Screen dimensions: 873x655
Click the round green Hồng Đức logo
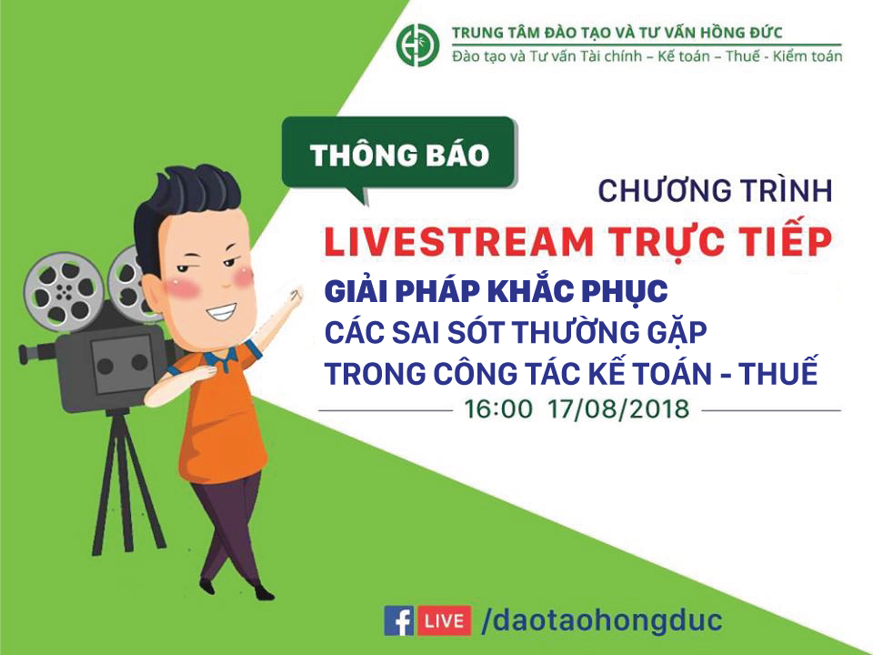click(x=417, y=45)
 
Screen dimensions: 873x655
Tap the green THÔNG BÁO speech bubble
click(x=398, y=156)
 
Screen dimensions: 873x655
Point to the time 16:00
click(x=498, y=409)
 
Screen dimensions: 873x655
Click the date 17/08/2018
click(x=618, y=409)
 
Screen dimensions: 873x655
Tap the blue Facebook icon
click(x=398, y=620)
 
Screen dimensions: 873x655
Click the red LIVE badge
click(x=445, y=620)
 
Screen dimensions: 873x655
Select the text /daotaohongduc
click(x=602, y=620)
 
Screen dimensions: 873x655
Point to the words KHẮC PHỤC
click(x=577, y=291)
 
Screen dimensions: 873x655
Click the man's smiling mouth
click(x=221, y=311)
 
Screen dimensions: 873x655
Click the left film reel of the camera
click(x=64, y=289)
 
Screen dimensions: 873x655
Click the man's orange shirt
click(x=219, y=412)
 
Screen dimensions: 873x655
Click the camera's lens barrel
click(x=36, y=353)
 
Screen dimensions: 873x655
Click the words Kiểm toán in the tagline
click(x=808, y=55)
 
